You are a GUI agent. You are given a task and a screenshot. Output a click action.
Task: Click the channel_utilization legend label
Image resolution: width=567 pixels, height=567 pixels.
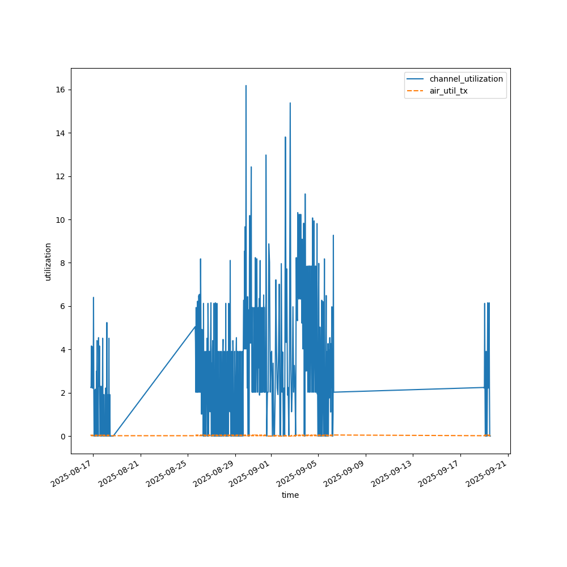[x=466, y=79]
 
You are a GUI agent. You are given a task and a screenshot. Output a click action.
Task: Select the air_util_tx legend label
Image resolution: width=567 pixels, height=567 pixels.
[x=448, y=91]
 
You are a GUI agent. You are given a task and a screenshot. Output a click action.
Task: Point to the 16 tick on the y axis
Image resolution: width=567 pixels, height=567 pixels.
[x=60, y=90]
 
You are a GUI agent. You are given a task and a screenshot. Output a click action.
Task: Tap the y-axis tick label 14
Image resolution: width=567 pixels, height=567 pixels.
[x=60, y=133]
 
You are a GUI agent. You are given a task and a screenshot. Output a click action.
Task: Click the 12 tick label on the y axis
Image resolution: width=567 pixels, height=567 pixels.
[x=60, y=176]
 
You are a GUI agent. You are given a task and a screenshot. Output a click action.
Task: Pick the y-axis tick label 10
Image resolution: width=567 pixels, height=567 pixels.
[x=60, y=220]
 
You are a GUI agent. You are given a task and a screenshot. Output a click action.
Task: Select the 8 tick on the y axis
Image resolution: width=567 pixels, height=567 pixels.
[x=62, y=263]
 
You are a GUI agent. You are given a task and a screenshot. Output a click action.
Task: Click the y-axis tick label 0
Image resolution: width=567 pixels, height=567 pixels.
[x=62, y=436]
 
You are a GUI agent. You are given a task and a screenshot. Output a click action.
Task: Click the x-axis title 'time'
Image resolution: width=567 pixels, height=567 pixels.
[x=290, y=495]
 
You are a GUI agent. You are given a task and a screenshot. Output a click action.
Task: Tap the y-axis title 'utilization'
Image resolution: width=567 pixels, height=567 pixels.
[x=48, y=261]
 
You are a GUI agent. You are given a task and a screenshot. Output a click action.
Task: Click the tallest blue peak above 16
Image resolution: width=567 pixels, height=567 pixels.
[x=246, y=86]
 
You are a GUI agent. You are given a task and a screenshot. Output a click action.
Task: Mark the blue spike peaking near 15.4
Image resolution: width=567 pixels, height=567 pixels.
[x=290, y=103]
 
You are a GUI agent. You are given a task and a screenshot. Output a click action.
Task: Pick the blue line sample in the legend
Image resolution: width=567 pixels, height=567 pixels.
[x=416, y=79]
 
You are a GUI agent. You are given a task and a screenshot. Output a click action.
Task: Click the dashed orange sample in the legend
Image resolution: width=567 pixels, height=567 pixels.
[x=416, y=91]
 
